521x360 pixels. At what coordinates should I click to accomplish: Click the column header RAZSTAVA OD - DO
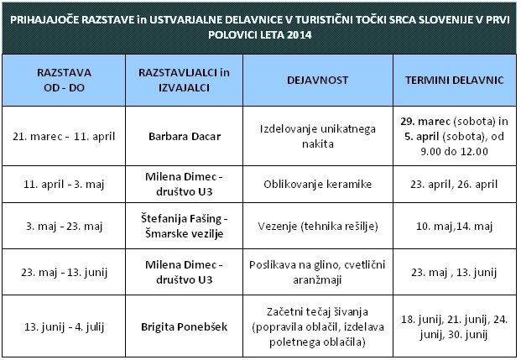point(65,80)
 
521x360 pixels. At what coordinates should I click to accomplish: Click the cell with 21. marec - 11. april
point(65,135)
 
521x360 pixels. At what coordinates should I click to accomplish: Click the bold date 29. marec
point(426,122)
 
